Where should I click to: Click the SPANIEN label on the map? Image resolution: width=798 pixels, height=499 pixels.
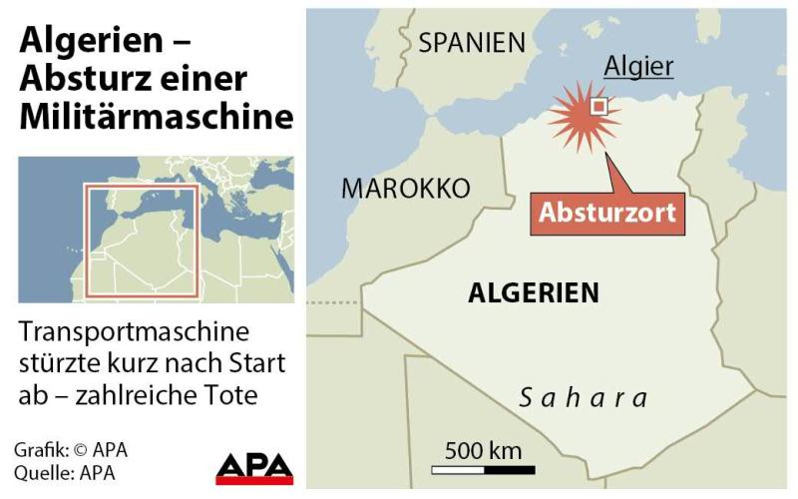(x=472, y=42)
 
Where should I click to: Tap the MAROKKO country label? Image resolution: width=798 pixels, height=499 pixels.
(x=405, y=189)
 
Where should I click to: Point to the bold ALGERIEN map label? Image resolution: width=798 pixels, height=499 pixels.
(x=534, y=292)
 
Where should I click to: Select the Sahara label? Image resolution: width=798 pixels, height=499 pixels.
(x=585, y=397)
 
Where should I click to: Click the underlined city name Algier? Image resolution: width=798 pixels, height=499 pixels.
(x=639, y=67)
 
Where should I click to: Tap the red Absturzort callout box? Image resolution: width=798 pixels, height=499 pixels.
(x=607, y=213)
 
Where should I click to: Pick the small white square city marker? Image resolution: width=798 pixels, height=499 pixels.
(x=598, y=106)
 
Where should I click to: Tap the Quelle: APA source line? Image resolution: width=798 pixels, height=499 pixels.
(x=59, y=472)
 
